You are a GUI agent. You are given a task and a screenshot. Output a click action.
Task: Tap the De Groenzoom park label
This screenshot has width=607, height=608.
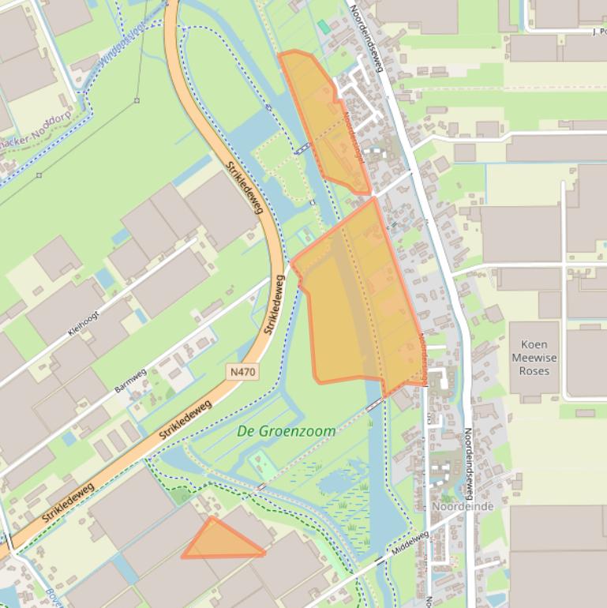[286, 431]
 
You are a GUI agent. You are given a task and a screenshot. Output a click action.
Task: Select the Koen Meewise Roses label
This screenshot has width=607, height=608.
[534, 358]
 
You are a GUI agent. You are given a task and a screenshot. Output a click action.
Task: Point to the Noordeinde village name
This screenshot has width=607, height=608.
[463, 506]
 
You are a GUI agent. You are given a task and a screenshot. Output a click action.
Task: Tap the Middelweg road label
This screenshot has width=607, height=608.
[409, 545]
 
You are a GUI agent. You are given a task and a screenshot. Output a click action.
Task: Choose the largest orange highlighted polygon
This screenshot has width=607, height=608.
[360, 300]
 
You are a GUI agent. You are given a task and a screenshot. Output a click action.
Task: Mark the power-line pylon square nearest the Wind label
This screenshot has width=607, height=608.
[137, 100]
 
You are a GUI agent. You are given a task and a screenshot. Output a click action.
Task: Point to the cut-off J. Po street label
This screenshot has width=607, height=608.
[598, 32]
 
